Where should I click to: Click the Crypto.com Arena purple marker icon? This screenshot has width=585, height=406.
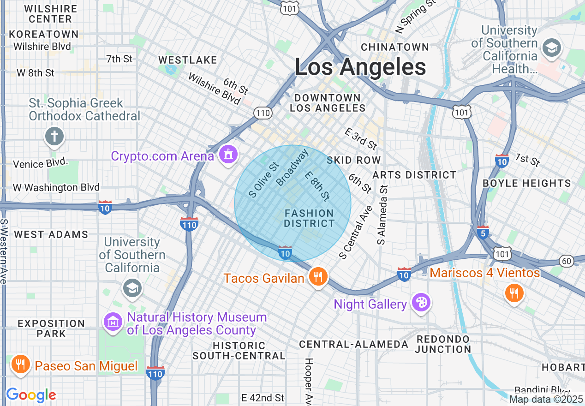click(x=228, y=155)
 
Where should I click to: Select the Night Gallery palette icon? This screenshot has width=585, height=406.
click(x=421, y=303)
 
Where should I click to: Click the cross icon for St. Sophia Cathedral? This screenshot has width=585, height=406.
click(x=54, y=137)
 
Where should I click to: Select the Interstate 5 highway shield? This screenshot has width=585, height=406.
click(x=483, y=232)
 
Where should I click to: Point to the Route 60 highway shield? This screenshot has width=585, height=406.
click(x=567, y=261)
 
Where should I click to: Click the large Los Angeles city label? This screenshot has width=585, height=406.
click(x=360, y=67)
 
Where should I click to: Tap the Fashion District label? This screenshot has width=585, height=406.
click(x=309, y=218)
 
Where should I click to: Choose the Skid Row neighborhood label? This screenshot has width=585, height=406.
click(x=353, y=160)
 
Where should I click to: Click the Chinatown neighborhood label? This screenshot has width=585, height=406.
click(x=395, y=47)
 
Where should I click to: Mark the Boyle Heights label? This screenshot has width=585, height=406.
click(x=526, y=183)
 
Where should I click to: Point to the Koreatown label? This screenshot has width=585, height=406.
click(x=44, y=34)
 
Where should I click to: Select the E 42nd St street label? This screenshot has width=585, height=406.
click(x=263, y=398)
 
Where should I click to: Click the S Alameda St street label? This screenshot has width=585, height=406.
click(x=382, y=215)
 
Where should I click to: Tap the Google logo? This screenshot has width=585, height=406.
click(x=31, y=395)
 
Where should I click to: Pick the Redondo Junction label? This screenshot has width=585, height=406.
click(x=442, y=344)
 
